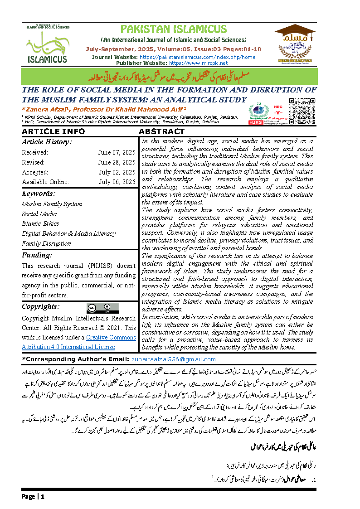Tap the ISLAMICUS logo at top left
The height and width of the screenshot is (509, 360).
(47, 44)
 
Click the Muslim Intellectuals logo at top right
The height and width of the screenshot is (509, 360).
(295, 44)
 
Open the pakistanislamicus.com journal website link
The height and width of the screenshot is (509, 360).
(197, 57)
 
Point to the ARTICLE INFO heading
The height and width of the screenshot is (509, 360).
(54, 131)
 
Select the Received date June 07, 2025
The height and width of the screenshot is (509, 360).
(117, 152)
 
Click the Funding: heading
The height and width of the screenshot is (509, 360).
(37, 255)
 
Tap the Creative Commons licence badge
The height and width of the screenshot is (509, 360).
(102, 308)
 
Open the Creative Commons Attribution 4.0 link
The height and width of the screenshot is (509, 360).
(79, 342)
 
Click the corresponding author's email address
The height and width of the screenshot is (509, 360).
(173, 359)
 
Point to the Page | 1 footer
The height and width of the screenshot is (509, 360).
(33, 497)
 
